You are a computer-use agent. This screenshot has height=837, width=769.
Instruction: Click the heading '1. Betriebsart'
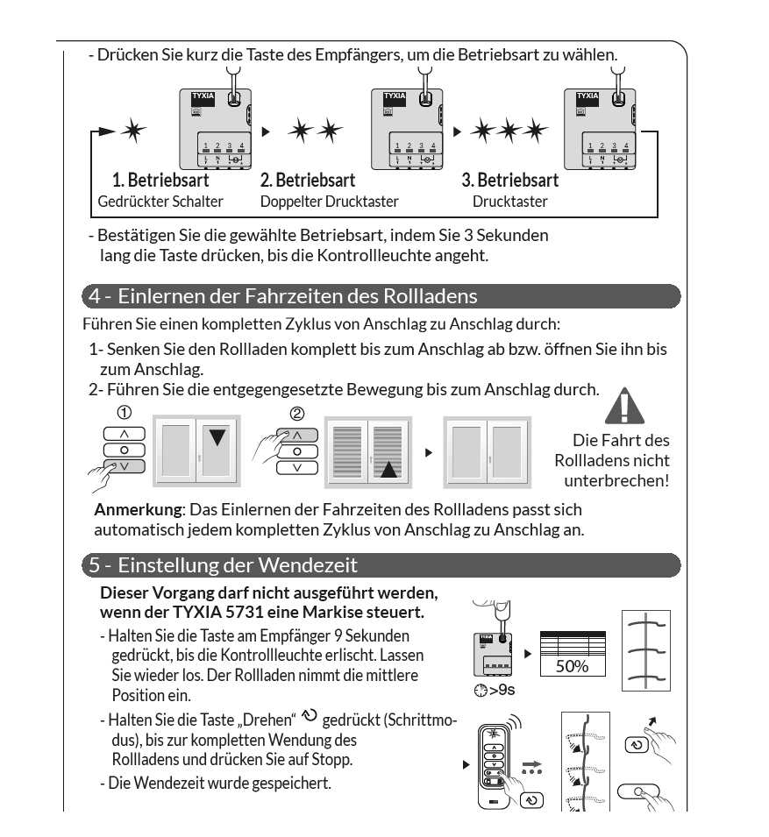point(160,181)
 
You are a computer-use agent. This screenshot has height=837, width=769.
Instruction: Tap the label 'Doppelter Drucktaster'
point(330,202)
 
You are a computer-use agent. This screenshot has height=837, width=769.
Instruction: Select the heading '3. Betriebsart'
point(510,181)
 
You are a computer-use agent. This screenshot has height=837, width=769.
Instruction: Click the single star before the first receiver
point(133,130)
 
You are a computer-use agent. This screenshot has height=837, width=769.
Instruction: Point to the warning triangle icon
point(624,406)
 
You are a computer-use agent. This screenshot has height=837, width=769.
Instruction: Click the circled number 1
point(124,413)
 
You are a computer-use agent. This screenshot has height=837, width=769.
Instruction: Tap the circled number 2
point(297,414)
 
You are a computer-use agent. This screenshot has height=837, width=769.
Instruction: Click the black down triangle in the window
point(217,437)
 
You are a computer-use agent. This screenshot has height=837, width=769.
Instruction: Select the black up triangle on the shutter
point(388,469)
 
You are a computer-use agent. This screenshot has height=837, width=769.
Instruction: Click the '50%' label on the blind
point(572,666)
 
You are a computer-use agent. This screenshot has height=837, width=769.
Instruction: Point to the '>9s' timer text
point(495,691)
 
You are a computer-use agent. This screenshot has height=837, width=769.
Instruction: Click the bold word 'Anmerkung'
point(139,510)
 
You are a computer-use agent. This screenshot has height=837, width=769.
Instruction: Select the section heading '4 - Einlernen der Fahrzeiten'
point(283,296)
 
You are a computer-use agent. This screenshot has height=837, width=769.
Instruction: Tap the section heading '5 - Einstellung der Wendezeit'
point(224,565)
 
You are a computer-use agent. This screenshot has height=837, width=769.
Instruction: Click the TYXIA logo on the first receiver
point(203,96)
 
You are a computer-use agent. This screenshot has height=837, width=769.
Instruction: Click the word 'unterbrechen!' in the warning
point(616,480)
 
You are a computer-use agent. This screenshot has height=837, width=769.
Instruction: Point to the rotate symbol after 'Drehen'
point(310,715)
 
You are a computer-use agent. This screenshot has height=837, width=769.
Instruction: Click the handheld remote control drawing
point(494,766)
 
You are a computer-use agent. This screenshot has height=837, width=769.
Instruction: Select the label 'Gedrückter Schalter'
point(160,202)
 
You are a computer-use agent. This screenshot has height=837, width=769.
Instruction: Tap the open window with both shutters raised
point(487,452)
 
